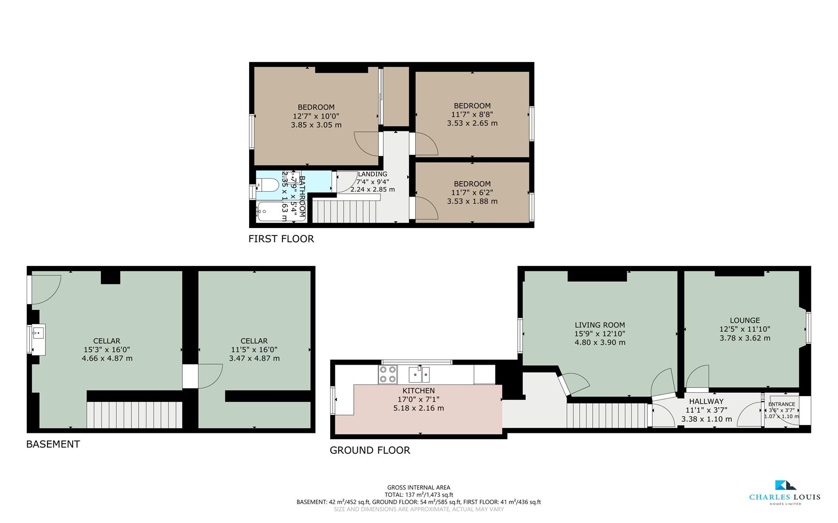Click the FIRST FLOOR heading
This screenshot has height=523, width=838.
tap(281, 239)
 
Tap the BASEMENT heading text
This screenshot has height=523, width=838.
tap(53, 444)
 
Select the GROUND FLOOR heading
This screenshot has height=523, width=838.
tap(370, 450)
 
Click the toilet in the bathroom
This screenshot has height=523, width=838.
tap(267, 185)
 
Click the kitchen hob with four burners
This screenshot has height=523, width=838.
tap(388, 374)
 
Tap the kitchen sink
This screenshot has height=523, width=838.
tap(419, 374)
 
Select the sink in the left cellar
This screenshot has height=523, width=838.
tap(38, 333)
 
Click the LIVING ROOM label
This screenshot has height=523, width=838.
tap(600, 325)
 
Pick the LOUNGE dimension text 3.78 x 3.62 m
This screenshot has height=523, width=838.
tap(744, 338)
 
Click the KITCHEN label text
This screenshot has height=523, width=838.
tap(418, 391)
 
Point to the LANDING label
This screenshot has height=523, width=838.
tap(372, 174)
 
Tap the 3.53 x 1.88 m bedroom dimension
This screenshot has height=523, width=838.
tap(472, 201)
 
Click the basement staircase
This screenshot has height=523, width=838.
tap(134, 414)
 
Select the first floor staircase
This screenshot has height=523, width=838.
tap(345, 211)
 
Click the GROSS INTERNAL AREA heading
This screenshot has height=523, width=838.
tap(418, 488)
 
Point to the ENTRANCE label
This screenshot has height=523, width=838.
tap(781, 404)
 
